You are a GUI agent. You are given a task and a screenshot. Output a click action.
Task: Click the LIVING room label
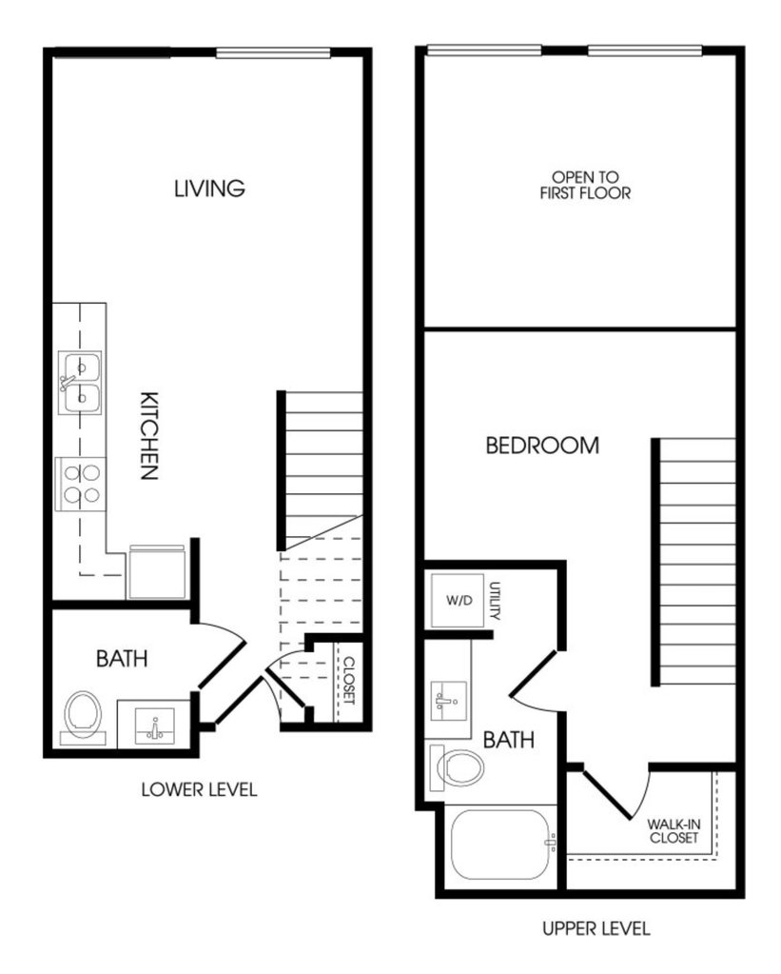click(x=209, y=189)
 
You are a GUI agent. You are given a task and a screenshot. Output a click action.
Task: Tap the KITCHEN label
click(x=149, y=436)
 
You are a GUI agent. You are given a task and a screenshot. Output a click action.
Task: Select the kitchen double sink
click(x=80, y=383)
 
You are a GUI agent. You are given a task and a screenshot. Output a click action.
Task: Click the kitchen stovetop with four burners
click(x=81, y=484)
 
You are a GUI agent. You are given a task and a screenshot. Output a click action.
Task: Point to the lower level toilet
click(x=83, y=718)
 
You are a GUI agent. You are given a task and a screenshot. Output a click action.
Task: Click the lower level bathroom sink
click(x=154, y=725)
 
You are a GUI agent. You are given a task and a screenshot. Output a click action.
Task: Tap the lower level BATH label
click(x=122, y=659)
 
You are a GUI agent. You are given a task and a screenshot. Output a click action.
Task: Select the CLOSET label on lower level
click(x=349, y=681)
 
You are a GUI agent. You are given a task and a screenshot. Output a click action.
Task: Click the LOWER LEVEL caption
click(x=199, y=789)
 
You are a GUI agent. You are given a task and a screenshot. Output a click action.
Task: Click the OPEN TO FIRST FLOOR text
click(x=585, y=185)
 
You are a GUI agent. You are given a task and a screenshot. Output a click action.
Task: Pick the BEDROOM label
click(x=542, y=446)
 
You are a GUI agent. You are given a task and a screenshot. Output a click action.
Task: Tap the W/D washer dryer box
click(x=459, y=600)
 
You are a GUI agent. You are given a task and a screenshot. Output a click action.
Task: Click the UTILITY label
click(x=495, y=601)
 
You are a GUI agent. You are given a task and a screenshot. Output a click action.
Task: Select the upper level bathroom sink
click(x=448, y=701)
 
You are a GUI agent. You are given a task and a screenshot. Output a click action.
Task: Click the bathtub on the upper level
click(x=500, y=845)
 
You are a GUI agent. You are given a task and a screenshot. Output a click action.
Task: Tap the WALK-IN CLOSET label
click(x=674, y=831)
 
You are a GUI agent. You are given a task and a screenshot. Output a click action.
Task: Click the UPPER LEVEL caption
click(x=596, y=928)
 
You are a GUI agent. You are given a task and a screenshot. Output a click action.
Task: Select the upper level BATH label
click(x=508, y=740)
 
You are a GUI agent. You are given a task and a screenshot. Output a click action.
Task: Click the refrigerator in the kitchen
click(x=158, y=571)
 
